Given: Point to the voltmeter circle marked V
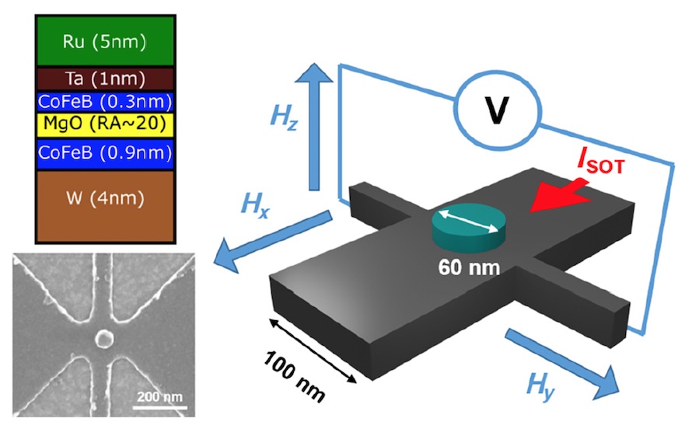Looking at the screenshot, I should pyautogui.click(x=498, y=111).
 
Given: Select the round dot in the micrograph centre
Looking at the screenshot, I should pyautogui.click(x=103, y=338).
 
